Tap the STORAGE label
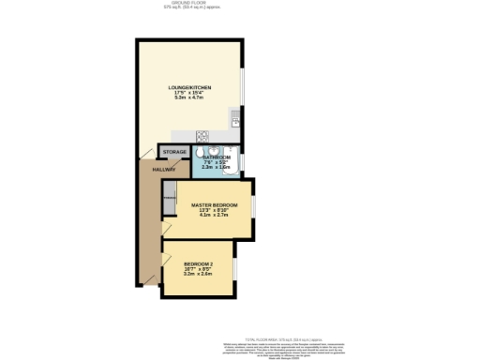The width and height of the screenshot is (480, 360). point(174,152)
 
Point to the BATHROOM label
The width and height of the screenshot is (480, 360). point(218,157)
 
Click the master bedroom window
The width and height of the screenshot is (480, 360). point(253,208)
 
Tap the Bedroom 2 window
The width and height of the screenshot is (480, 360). point(234,269)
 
